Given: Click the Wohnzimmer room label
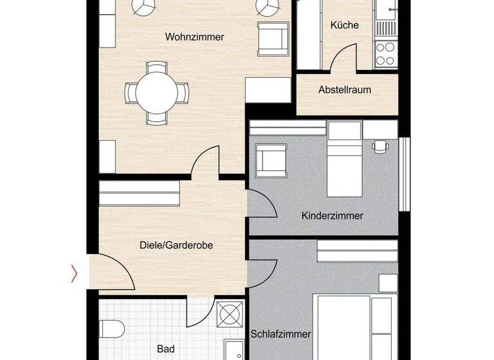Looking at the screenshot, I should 194,37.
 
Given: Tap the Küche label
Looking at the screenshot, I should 344,26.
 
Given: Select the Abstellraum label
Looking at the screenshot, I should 345,90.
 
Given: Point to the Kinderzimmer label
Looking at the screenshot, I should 332,216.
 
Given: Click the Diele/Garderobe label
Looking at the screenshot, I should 176,245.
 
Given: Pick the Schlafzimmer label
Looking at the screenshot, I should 282,334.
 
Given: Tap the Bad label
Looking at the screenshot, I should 165,349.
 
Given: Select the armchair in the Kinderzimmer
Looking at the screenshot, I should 269,159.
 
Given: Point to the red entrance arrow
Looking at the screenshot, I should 74,274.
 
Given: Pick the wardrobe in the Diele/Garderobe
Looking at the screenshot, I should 139,193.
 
